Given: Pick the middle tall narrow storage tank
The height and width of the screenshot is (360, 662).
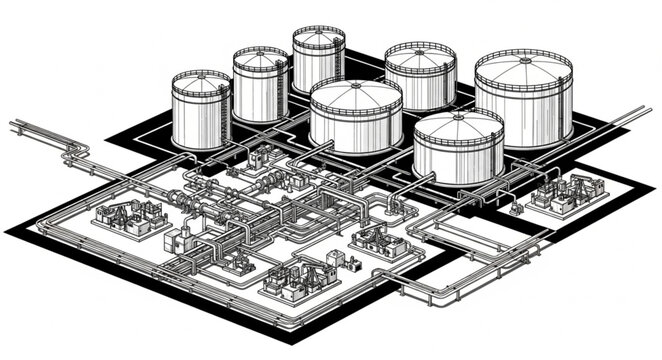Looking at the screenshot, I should pyautogui.click(x=260, y=85).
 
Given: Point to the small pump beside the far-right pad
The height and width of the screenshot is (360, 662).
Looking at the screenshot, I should pyautogui.click(x=516, y=208).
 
